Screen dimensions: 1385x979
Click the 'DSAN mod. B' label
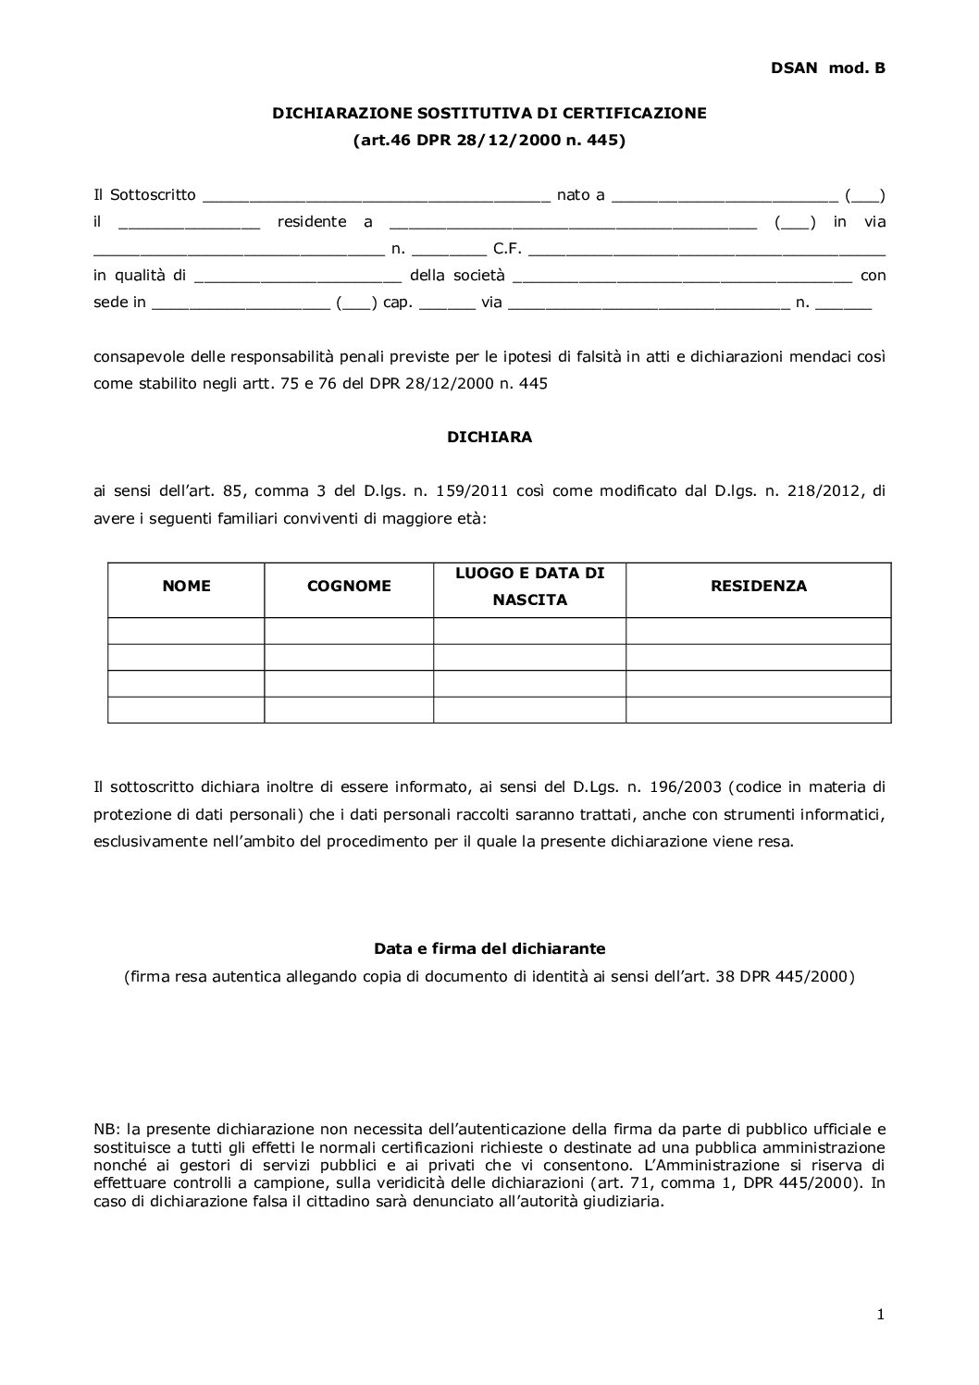[x=827, y=68]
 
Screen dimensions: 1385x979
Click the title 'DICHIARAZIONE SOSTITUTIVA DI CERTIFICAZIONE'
[x=489, y=113]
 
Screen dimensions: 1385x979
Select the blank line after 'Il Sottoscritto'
[x=376, y=196]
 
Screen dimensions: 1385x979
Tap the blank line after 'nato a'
[x=725, y=196]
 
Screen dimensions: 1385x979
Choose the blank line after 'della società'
[x=681, y=277]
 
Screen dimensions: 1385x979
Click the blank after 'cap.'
[x=447, y=303]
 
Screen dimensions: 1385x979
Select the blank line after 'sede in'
[x=241, y=303]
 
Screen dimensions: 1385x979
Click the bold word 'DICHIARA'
[x=489, y=438]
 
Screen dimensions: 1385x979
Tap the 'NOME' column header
[x=186, y=587]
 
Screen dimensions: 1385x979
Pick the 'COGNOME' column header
[x=349, y=587]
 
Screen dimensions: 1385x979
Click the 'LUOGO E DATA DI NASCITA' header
[x=529, y=587]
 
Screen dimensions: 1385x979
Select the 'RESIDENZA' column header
[x=758, y=587]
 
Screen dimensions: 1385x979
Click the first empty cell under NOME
[x=186, y=631]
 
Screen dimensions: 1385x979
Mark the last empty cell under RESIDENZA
[x=758, y=710]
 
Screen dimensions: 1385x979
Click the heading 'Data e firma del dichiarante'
[x=489, y=949]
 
